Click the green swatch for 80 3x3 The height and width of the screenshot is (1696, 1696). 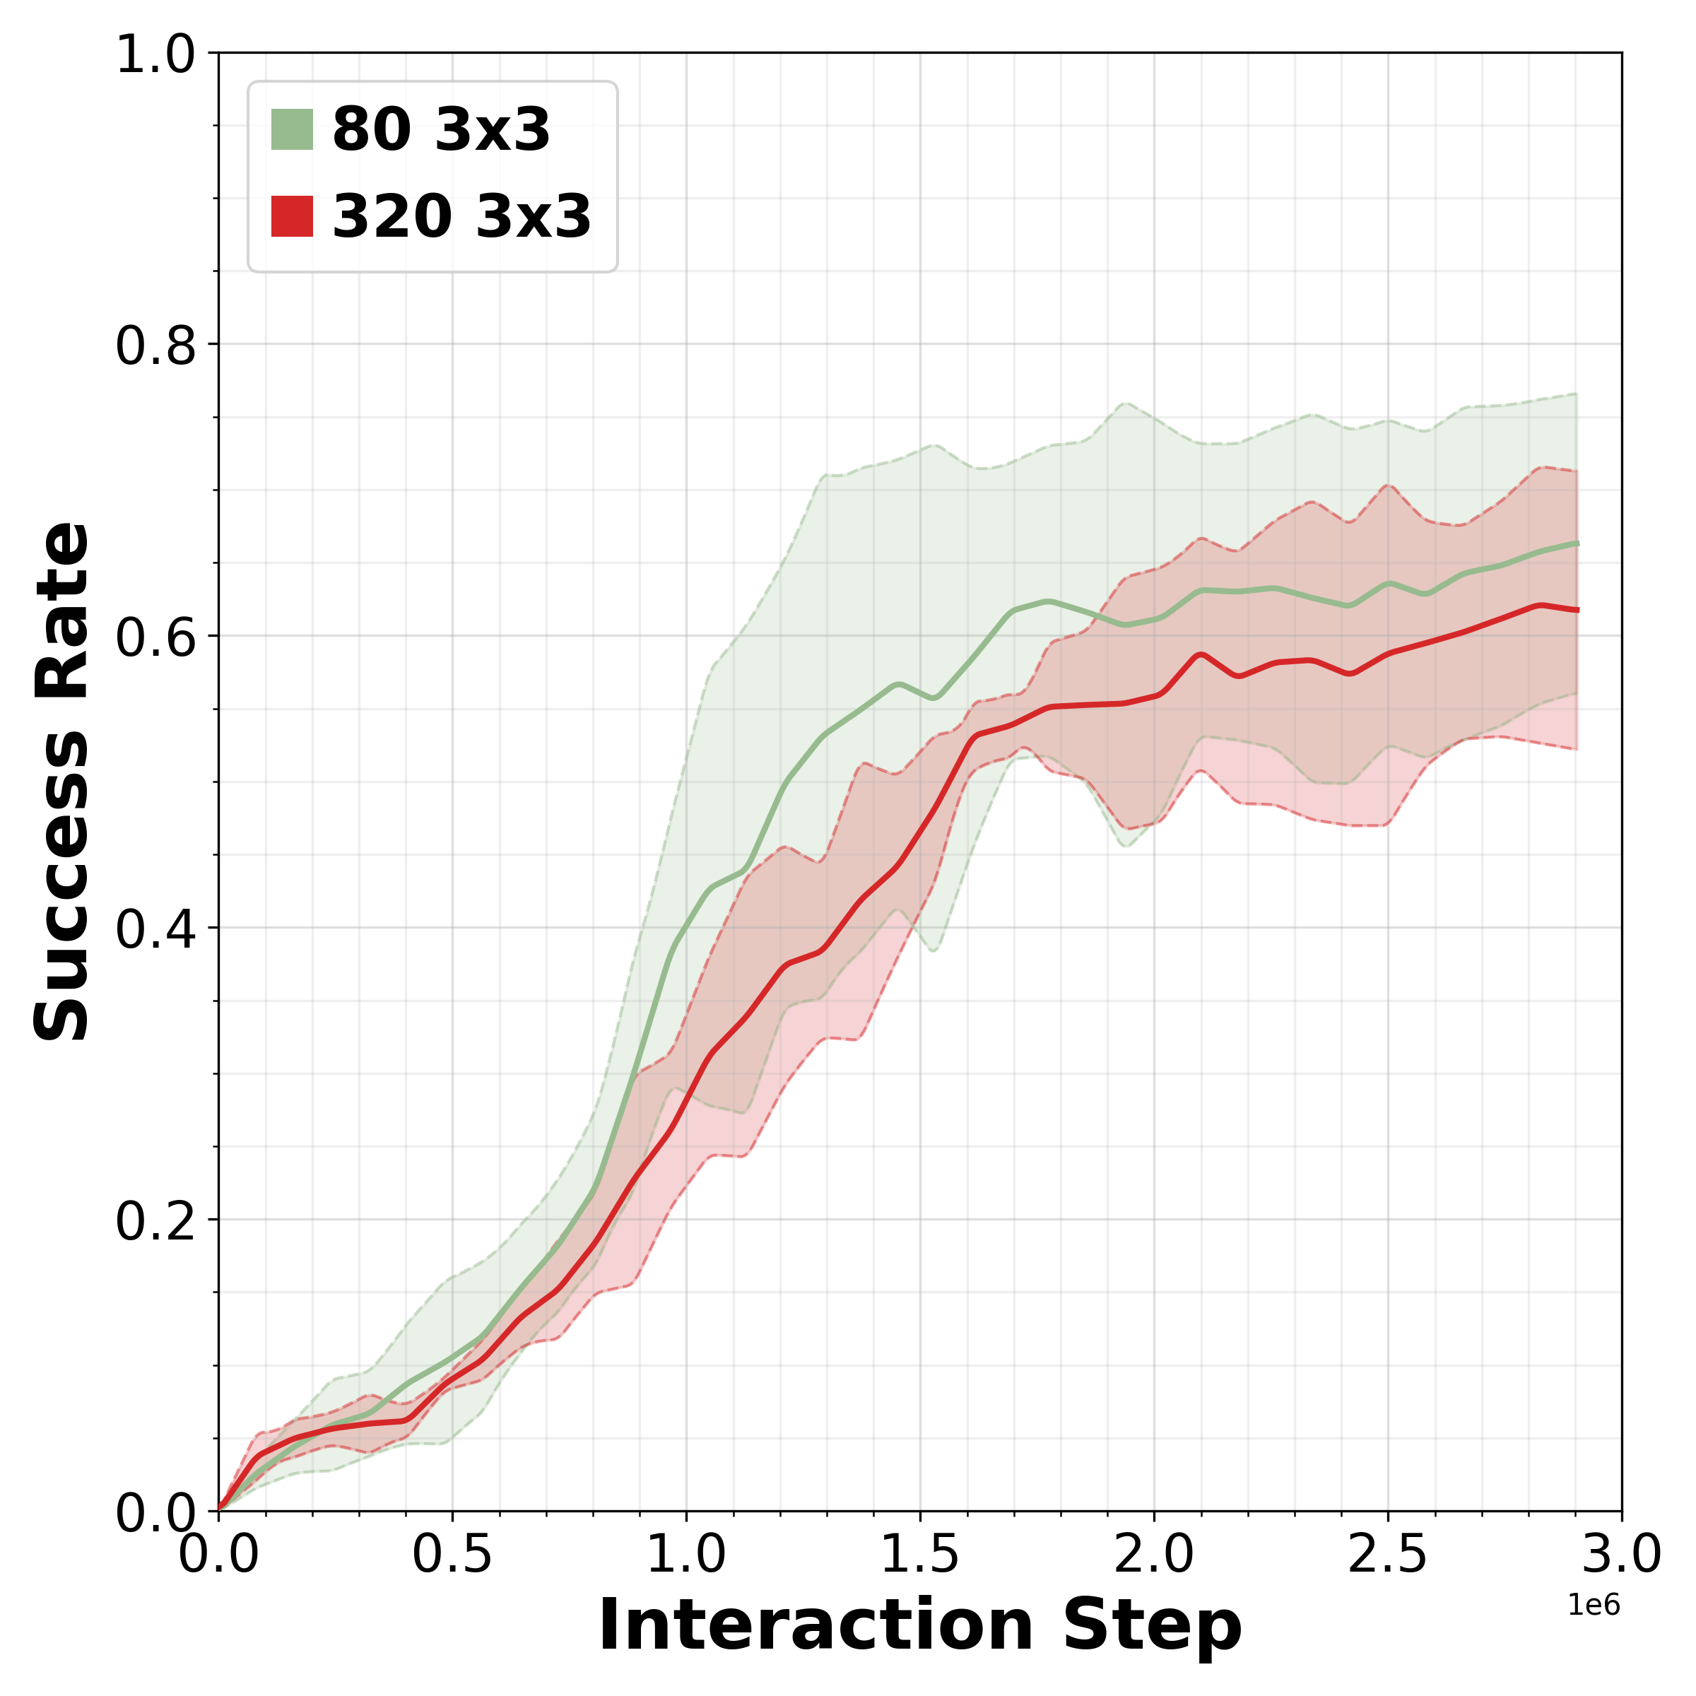click(291, 130)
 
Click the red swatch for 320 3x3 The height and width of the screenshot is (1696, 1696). click(291, 216)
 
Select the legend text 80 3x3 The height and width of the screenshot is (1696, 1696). click(441, 130)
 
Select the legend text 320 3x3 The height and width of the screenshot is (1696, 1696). click(461, 216)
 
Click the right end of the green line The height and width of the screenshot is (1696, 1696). click(1577, 543)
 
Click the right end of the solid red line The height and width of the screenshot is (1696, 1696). click(1577, 609)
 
